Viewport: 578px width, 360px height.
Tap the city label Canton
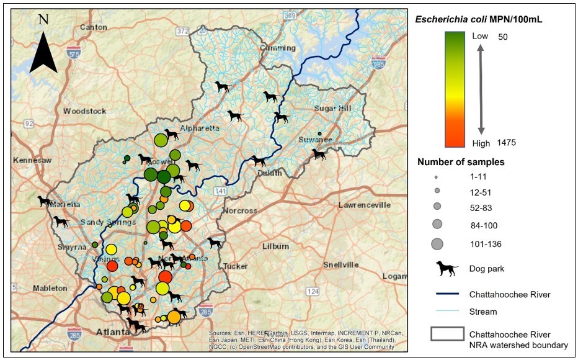[x=93, y=27]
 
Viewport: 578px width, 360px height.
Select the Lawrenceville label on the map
[x=364, y=205]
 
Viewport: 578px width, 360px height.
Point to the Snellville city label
[x=341, y=264]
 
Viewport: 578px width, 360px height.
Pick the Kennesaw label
[x=32, y=160]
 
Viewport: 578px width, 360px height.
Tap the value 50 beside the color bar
[x=503, y=37]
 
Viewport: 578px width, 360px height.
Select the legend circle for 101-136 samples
[x=437, y=244]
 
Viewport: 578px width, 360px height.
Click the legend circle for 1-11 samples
[x=437, y=177]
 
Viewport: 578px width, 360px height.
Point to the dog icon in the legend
[x=447, y=268]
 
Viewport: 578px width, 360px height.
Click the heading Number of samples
[x=461, y=162]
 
